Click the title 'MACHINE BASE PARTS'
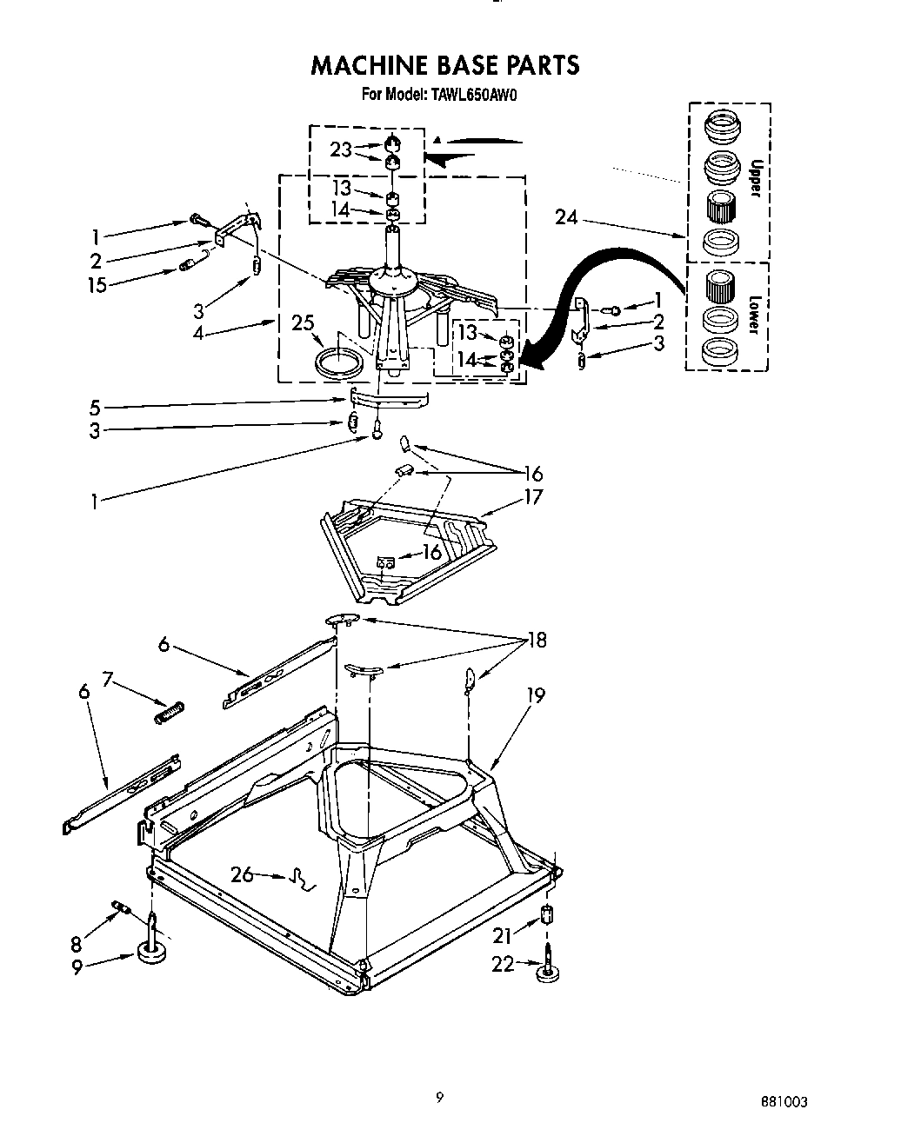444,65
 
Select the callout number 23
340,149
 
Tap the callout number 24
566,216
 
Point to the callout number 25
303,324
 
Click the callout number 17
532,496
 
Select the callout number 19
535,694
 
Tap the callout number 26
243,874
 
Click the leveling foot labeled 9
152,951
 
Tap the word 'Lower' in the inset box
753,315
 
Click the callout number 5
95,406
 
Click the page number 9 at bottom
440,1098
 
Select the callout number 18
536,641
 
